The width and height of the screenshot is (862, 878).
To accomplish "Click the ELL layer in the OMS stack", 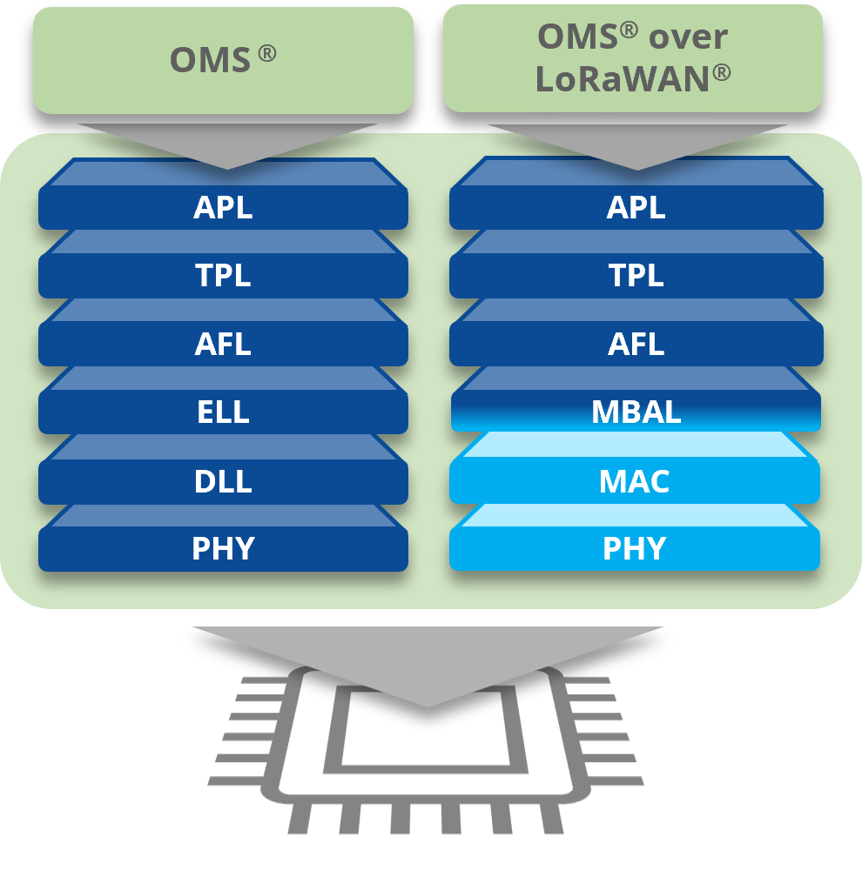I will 223,412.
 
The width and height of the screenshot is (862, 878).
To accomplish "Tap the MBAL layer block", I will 636,412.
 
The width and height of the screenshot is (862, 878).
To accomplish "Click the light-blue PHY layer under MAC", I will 635,549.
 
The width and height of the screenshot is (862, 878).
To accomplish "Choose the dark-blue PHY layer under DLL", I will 223,549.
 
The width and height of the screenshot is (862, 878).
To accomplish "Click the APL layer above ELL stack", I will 223,208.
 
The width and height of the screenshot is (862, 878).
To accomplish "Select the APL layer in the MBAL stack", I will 636,208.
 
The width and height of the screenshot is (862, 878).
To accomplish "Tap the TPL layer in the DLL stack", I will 223,276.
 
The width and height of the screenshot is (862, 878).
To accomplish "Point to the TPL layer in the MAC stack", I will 636,276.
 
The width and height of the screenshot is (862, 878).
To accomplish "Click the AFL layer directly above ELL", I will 223,345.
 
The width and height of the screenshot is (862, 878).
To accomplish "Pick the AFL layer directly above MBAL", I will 636,345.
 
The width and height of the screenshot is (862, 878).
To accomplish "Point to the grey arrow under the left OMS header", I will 227,144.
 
